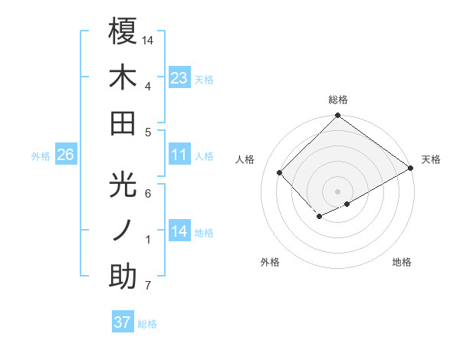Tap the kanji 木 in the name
tap(123, 77)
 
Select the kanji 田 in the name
tap(123, 123)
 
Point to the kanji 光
tap(123, 184)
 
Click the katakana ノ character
tap(123, 231)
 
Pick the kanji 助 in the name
tap(123, 277)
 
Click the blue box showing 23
tap(179, 78)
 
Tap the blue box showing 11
tap(179, 155)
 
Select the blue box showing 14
tap(179, 231)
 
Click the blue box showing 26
tap(65, 155)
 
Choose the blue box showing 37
tap(122, 322)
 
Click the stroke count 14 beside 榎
tap(148, 39)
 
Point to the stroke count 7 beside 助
tap(148, 286)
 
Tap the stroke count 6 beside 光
tap(148, 193)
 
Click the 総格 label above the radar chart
tap(337, 100)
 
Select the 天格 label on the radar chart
tap(431, 159)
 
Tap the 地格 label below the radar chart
tap(402, 262)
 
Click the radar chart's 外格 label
tap(270, 262)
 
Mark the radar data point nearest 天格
tap(409, 168)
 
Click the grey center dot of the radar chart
tap(337, 190)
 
